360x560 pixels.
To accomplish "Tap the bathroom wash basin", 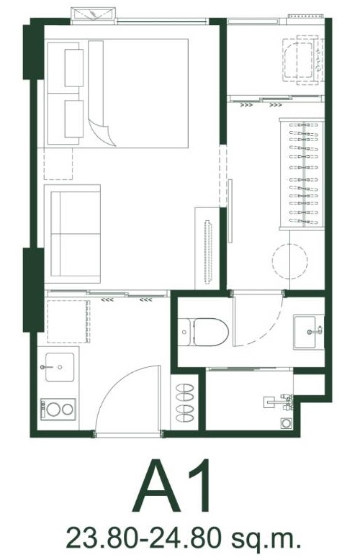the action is click(309, 332).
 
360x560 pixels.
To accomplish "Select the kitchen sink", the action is click(60, 367).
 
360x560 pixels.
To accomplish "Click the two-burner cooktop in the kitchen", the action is click(58, 410).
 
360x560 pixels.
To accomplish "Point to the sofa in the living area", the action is click(73, 234).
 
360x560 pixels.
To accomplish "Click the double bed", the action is click(117, 94).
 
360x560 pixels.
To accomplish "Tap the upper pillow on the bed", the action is click(74, 68).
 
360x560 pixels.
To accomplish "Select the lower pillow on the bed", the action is click(74, 119).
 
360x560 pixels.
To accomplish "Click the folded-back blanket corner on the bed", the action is click(102, 133).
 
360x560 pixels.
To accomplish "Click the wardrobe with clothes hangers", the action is click(302, 174).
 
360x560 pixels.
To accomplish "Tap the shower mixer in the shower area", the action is click(279, 402).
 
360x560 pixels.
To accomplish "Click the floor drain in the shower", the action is click(287, 423).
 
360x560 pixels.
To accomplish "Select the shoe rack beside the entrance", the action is click(184, 402).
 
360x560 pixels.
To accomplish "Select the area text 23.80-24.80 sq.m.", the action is click(183, 539).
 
